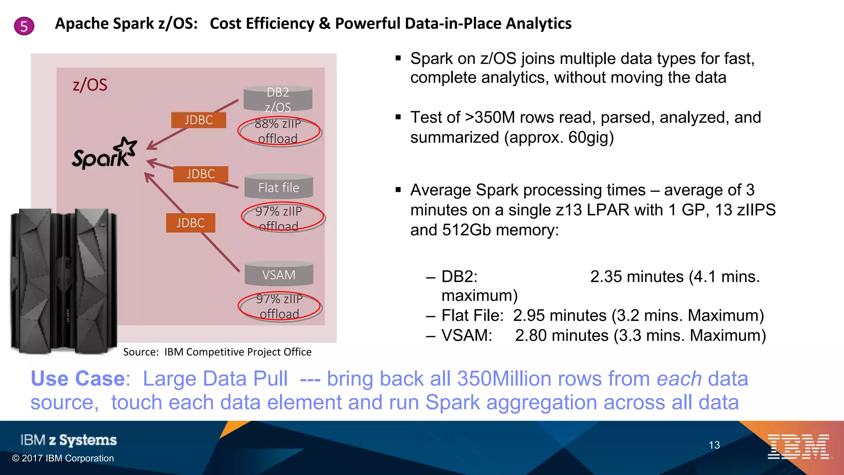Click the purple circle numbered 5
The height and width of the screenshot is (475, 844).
24,26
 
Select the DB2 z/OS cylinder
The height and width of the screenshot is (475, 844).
278,99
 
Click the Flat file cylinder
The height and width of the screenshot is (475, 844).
279,187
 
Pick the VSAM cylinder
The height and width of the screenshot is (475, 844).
279,274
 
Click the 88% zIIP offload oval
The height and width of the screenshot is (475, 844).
279,131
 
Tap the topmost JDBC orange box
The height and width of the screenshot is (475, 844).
199,120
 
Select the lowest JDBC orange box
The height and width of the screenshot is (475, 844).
190,223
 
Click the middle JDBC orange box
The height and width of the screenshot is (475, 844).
201,174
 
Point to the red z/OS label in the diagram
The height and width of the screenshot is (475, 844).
90,85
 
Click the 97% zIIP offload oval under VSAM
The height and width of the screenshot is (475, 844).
279,306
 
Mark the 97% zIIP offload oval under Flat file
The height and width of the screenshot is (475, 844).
282,217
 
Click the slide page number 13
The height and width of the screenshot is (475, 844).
714,445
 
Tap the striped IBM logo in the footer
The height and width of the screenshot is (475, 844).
799,447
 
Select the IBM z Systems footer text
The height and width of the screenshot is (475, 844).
68,440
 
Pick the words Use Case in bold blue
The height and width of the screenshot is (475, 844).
78,379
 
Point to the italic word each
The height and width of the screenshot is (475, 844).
679,379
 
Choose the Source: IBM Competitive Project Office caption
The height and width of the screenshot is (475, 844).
217,352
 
